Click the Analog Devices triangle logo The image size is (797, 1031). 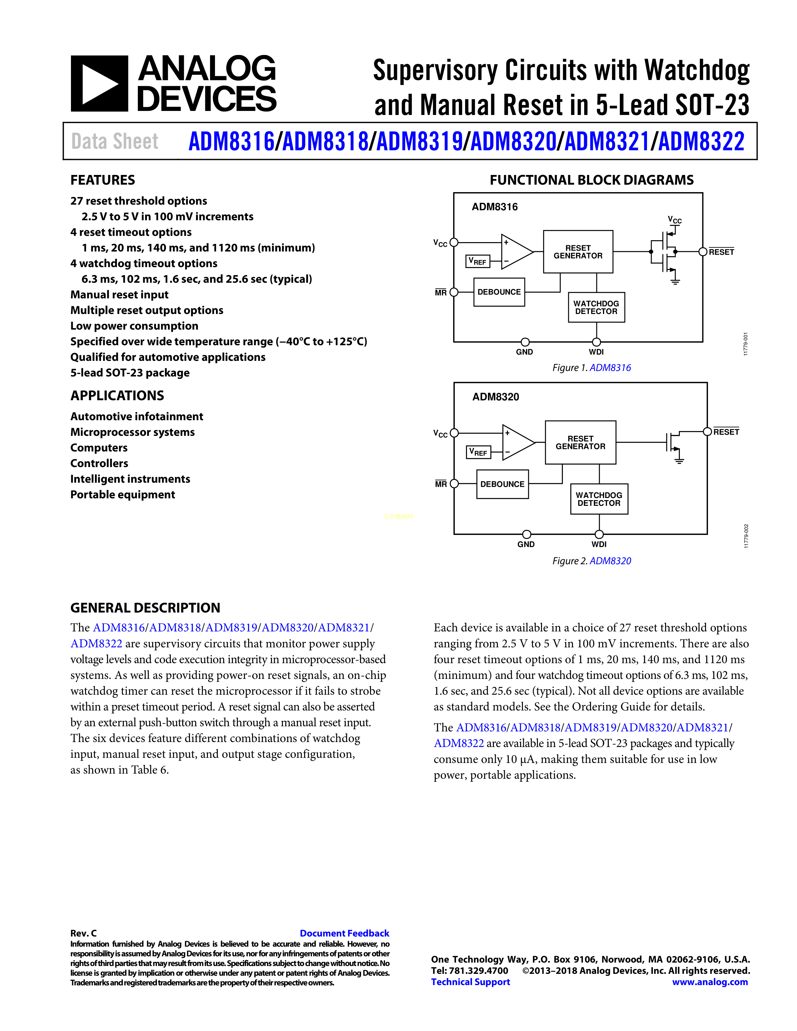[99, 83]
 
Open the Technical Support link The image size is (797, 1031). [470, 982]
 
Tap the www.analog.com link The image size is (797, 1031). [710, 982]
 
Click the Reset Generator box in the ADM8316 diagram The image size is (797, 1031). [578, 252]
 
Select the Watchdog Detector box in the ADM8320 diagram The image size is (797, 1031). [599, 499]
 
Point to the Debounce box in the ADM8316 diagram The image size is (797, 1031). [499, 292]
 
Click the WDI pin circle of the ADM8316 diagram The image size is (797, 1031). [596, 342]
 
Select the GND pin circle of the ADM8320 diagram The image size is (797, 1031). [526, 534]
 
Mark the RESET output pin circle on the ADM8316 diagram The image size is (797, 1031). [703, 252]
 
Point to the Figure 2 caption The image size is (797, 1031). [592, 561]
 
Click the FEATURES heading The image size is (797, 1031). [103, 180]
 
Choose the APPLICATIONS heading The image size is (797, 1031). [117, 396]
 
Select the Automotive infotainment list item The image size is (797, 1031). [137, 416]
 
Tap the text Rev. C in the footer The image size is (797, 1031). [83, 933]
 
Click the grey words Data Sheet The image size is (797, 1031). [115, 141]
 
